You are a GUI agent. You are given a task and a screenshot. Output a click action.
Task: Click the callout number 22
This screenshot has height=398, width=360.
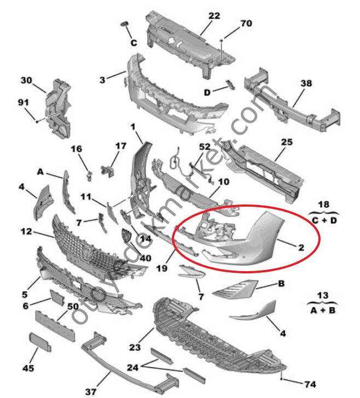(214, 16)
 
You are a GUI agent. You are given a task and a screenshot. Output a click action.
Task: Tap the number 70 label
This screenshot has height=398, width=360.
(246, 24)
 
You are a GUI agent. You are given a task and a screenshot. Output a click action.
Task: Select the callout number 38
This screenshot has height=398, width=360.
(306, 83)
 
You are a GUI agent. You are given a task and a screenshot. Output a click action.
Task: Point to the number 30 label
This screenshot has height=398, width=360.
(26, 80)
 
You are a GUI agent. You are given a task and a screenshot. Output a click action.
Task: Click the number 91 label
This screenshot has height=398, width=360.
(24, 102)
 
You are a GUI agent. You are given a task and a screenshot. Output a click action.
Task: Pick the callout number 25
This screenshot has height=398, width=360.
(287, 142)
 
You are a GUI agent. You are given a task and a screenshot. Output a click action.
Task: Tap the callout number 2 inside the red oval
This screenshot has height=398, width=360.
(301, 248)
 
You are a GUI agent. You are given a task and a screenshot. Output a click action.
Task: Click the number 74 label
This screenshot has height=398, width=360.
(310, 384)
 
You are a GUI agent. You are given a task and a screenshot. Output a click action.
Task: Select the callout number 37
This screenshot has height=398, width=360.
(91, 392)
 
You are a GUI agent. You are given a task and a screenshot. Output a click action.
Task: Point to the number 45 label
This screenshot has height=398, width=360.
(28, 368)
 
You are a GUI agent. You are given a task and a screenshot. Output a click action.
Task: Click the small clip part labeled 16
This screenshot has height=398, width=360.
(89, 175)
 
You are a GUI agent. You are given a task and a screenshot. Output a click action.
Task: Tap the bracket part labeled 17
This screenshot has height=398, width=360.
(108, 171)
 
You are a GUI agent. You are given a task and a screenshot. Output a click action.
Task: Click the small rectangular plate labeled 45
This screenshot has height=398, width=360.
(40, 342)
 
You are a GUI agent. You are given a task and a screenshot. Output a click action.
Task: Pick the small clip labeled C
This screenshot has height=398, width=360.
(124, 24)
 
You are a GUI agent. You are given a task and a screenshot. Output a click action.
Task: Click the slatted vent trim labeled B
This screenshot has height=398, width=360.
(235, 289)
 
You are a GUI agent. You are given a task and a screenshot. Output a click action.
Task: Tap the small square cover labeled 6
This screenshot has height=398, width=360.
(57, 297)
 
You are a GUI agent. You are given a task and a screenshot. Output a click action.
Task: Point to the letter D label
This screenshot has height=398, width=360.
(207, 92)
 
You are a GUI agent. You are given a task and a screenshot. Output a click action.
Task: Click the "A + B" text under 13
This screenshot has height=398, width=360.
(323, 311)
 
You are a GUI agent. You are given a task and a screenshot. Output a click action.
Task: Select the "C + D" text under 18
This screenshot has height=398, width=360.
(324, 220)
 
